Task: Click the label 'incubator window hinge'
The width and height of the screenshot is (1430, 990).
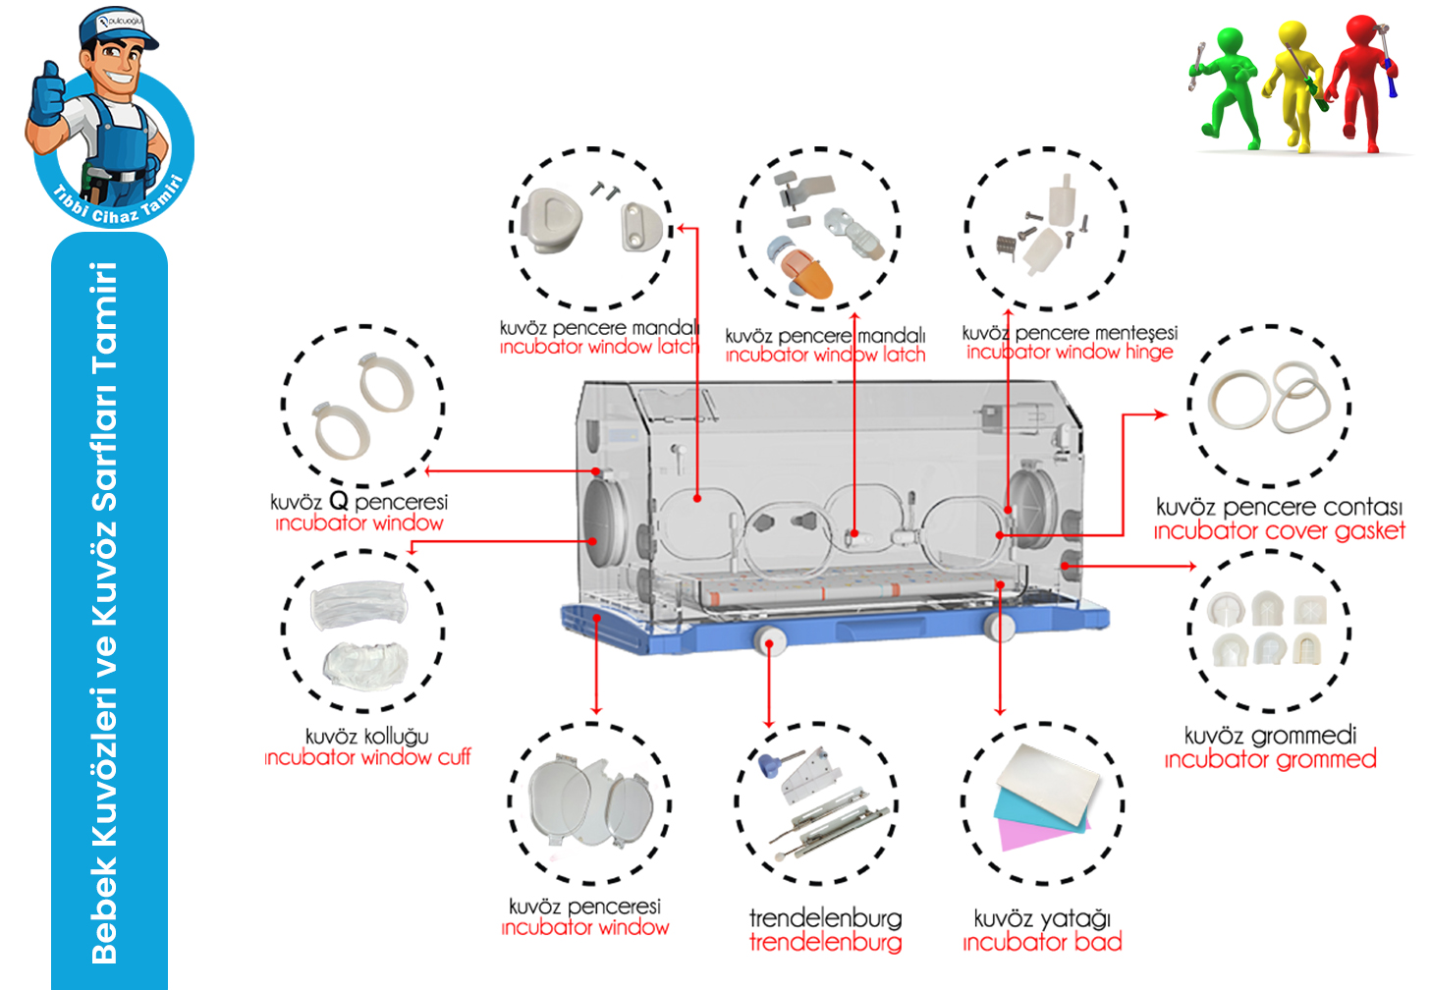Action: click(x=1070, y=352)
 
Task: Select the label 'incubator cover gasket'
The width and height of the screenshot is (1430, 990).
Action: click(x=1279, y=531)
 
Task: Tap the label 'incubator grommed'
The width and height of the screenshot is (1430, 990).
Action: click(x=1270, y=759)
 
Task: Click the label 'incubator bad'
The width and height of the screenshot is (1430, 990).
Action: click(x=1042, y=943)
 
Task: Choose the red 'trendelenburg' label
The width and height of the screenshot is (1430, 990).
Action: click(x=825, y=943)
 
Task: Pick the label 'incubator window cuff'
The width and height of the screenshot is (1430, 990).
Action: click(x=367, y=757)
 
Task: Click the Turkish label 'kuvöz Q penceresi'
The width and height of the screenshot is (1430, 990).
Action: click(x=358, y=501)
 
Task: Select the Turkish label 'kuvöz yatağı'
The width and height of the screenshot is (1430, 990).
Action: click(x=1042, y=918)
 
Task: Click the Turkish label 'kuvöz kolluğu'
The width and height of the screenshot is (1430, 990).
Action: click(x=366, y=736)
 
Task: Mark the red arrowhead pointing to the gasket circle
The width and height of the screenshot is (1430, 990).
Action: click(x=1161, y=414)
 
